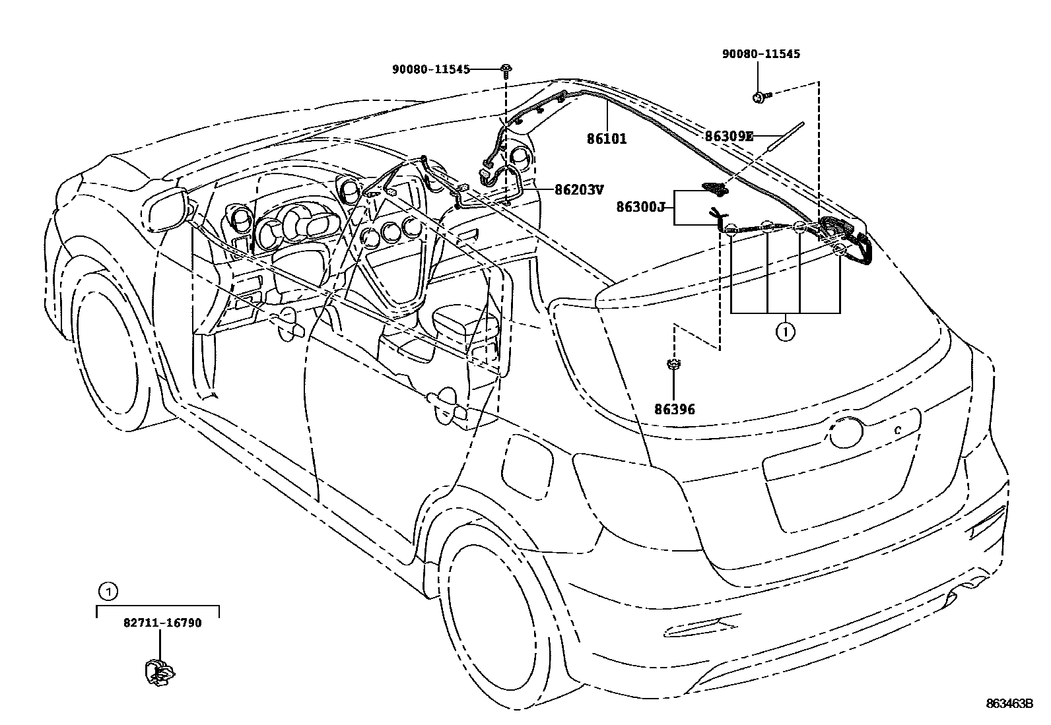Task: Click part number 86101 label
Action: [x=606, y=139]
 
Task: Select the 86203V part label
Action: [x=578, y=190]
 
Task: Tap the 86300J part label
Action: [x=640, y=207]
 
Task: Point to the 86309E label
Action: [x=728, y=137]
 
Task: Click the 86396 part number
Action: [x=674, y=410]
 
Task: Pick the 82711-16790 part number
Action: [x=162, y=623]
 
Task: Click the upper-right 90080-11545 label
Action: [x=761, y=54]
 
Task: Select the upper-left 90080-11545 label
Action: [x=430, y=69]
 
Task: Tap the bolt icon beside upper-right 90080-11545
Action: [x=761, y=98]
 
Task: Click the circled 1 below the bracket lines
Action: [x=785, y=332]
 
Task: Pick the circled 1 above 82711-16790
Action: [x=108, y=591]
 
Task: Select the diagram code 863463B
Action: [x=1009, y=704]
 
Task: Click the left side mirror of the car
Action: [x=165, y=210]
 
